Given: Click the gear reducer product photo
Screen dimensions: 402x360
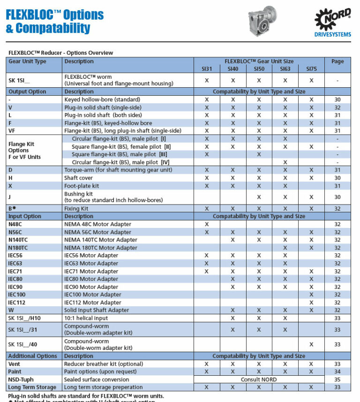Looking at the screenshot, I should coord(266,22).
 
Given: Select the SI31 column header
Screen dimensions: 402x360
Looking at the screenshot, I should coord(207,69).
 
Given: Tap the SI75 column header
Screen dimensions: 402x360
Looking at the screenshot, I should coord(311,69).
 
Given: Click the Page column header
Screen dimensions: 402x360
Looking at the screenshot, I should coord(337,61).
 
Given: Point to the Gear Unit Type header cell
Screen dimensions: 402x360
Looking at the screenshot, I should coord(28,61).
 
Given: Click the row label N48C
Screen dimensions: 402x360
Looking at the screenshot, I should coord(16,224).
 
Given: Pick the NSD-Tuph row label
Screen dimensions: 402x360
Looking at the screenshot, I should coord(21,379).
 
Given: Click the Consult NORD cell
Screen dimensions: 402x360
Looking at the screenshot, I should coord(259,379).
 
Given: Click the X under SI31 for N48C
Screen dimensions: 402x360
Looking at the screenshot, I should coord(207,224).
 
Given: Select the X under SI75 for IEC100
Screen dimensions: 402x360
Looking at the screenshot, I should coord(311,295).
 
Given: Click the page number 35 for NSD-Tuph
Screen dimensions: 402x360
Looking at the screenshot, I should coord(337,379).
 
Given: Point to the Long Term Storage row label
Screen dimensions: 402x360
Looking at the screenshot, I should coord(32,387).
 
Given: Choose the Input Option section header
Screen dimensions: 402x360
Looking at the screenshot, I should coord(25,216).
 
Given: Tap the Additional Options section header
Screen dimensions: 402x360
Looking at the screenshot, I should coord(32,356).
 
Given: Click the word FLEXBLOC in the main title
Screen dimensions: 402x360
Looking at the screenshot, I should coord(32,15).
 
